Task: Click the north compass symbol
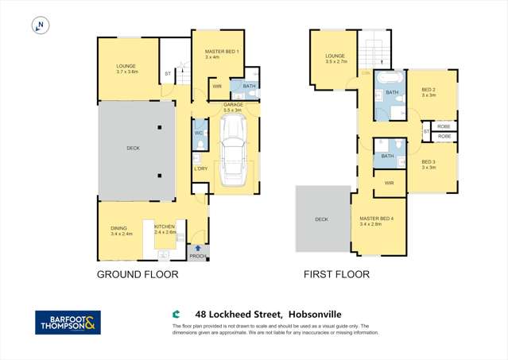pyautogui.click(x=39, y=26)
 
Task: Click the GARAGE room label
pyautogui.click(x=233, y=105)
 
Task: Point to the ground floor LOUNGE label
pyautogui.click(x=126, y=67)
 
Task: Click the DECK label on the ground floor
pyautogui.click(x=133, y=148)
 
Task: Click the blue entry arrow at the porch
pyautogui.click(x=197, y=247)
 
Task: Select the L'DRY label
pyautogui.click(x=200, y=168)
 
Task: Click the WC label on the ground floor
pyautogui.click(x=199, y=134)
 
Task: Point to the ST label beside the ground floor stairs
pyautogui.click(x=168, y=74)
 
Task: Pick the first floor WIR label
pyautogui.click(x=389, y=183)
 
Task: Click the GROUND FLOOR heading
pyautogui.click(x=138, y=274)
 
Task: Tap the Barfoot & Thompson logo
pyautogui.click(x=68, y=322)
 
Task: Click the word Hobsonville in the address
pyautogui.click(x=319, y=315)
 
